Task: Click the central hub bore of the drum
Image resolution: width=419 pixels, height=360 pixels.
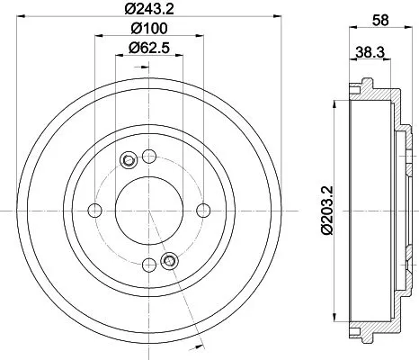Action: click(147, 211)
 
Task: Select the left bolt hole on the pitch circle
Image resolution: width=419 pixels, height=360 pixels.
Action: click(94, 211)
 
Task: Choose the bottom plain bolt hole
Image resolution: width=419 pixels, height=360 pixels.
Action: click(147, 264)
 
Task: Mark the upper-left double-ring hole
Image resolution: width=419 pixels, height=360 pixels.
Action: click(127, 161)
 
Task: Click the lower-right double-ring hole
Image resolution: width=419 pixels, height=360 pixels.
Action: click(167, 261)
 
